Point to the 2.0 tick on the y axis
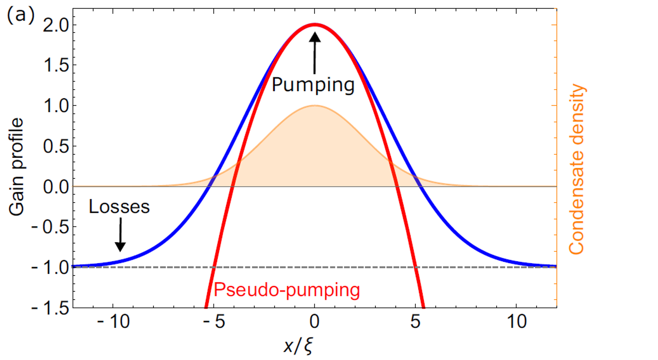point(55,25)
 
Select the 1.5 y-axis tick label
point(55,66)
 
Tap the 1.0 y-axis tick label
point(55,106)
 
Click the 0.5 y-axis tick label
point(55,147)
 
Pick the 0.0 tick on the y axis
point(55,187)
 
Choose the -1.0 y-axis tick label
point(50,267)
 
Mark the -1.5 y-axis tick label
point(50,308)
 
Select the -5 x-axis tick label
point(214,322)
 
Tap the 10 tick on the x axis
point(516,322)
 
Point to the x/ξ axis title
point(299,346)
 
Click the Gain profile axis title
point(17,167)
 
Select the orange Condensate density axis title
point(577,170)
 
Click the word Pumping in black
point(313,85)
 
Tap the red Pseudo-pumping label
point(287,290)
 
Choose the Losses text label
point(119,207)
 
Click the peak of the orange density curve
point(314,106)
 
